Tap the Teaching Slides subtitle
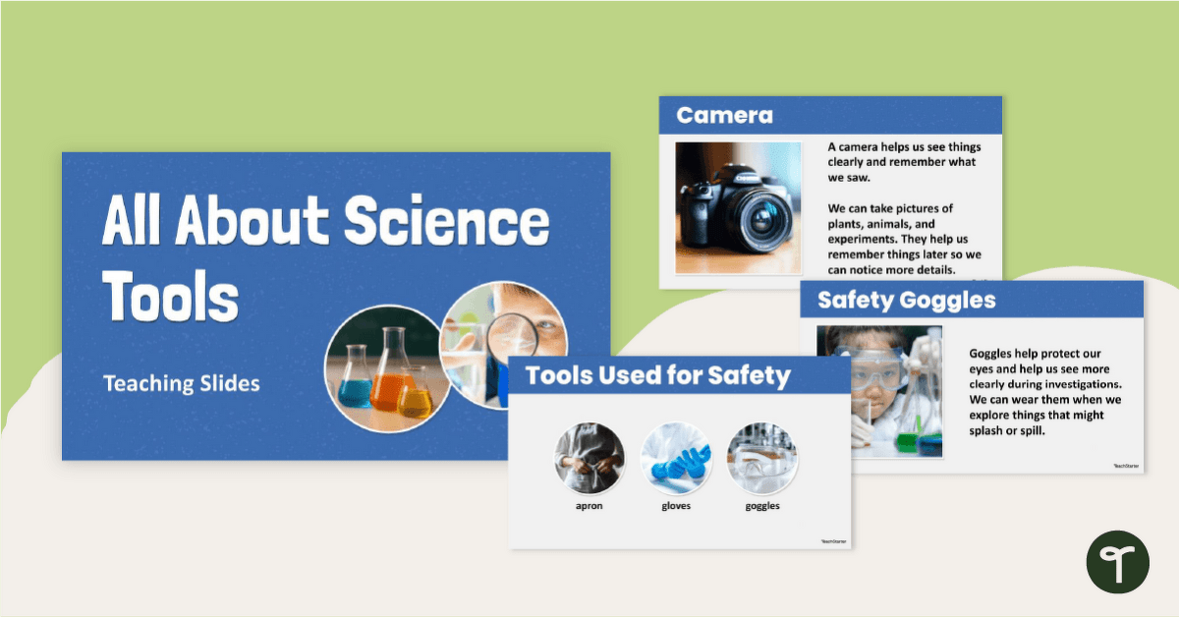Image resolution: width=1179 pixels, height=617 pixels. point(182,383)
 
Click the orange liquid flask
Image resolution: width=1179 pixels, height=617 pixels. point(385,379)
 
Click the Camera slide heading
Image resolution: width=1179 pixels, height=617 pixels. point(725,115)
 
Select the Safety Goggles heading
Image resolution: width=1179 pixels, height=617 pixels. point(906,300)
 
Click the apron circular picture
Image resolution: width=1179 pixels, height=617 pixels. point(589,457)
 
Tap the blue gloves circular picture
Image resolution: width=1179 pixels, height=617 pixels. point(676,457)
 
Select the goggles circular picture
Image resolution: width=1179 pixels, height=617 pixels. point(762,457)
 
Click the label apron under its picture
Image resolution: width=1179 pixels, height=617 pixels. point(589,506)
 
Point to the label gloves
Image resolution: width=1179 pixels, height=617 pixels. point(676,506)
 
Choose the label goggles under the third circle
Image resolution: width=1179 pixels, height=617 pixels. point(762,506)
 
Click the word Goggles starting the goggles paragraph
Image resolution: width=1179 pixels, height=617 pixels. point(991,353)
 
